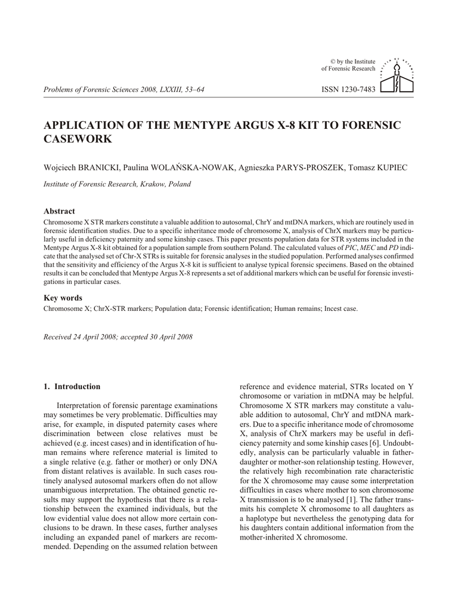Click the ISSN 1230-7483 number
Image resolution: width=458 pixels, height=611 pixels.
pos(348,90)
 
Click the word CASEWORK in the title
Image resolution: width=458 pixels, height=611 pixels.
pos(78,139)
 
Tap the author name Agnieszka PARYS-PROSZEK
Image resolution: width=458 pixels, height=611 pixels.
pos(292,168)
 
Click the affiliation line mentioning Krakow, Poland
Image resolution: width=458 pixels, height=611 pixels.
pos(117,184)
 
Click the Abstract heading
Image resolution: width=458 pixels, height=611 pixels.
pos(59,211)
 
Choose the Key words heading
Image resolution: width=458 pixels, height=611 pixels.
pos(63,298)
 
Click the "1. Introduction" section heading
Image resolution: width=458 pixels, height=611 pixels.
pos(72,387)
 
